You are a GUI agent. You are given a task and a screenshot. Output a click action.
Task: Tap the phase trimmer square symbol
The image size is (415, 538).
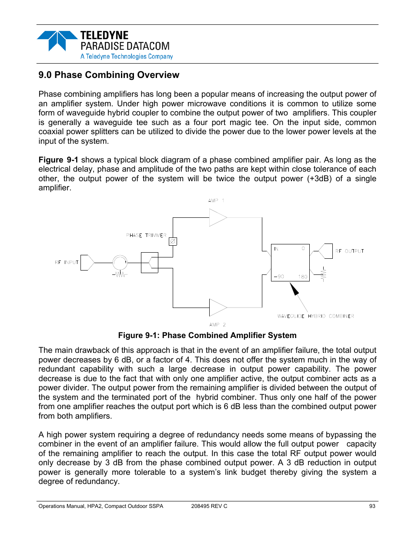(x=173, y=241)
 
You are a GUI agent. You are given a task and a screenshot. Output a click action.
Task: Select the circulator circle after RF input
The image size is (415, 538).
(x=120, y=262)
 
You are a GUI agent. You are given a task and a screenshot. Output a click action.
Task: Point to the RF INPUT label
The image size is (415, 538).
(x=67, y=262)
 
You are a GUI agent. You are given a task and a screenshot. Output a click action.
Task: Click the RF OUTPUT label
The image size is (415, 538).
(x=350, y=251)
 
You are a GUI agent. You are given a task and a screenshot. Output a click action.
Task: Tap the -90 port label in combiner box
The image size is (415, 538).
(x=279, y=277)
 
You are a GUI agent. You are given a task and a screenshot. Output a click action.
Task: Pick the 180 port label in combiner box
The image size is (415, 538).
(x=303, y=277)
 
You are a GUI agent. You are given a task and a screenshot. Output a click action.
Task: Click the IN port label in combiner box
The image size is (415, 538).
(x=276, y=249)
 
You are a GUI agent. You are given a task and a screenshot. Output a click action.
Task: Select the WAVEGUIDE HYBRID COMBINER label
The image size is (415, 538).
(x=315, y=316)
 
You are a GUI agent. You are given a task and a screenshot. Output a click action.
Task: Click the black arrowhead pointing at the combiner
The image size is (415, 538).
(x=295, y=289)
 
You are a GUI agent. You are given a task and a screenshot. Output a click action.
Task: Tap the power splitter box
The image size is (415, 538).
(x=149, y=262)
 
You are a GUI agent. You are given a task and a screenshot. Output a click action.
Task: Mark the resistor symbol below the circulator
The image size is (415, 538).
(x=120, y=274)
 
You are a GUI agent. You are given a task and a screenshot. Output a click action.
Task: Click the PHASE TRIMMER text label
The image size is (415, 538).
(x=146, y=235)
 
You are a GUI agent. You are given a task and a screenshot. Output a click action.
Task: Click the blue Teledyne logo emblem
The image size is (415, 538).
(x=57, y=40)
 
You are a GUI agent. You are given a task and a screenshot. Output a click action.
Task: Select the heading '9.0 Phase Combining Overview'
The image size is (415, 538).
(x=109, y=75)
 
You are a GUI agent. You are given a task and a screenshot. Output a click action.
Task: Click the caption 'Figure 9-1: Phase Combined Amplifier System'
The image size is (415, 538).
(x=207, y=335)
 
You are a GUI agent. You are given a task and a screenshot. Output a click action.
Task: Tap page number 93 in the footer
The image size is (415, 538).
(x=372, y=506)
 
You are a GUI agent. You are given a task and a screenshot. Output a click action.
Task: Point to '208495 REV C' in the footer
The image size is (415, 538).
(x=209, y=506)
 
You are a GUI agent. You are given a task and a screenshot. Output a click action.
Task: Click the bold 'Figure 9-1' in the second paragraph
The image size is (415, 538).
(x=58, y=160)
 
